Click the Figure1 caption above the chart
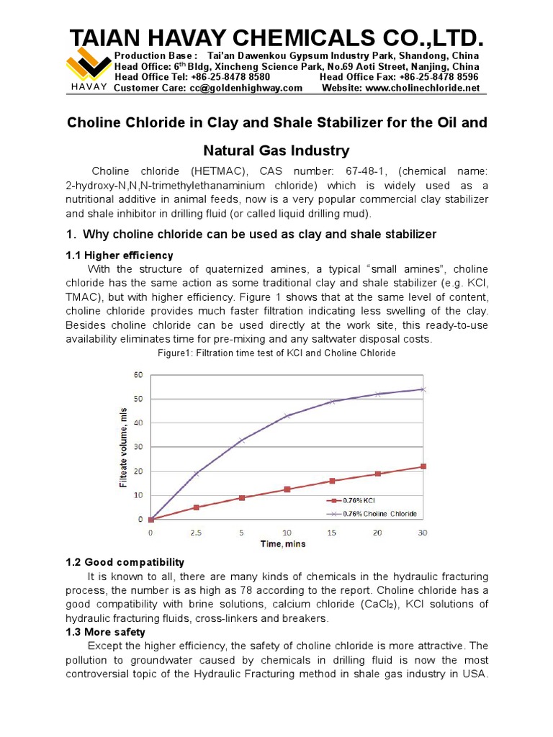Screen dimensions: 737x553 pyautogui.click(x=276, y=353)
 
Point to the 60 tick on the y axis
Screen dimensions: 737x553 pyautogui.click(x=138, y=374)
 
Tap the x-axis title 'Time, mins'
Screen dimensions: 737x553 pyautogui.click(x=282, y=544)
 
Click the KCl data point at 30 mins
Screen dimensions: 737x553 pyautogui.click(x=423, y=466)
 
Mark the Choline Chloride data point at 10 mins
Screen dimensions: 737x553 pyautogui.click(x=287, y=416)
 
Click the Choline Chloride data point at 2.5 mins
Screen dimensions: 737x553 pyautogui.click(x=196, y=474)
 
